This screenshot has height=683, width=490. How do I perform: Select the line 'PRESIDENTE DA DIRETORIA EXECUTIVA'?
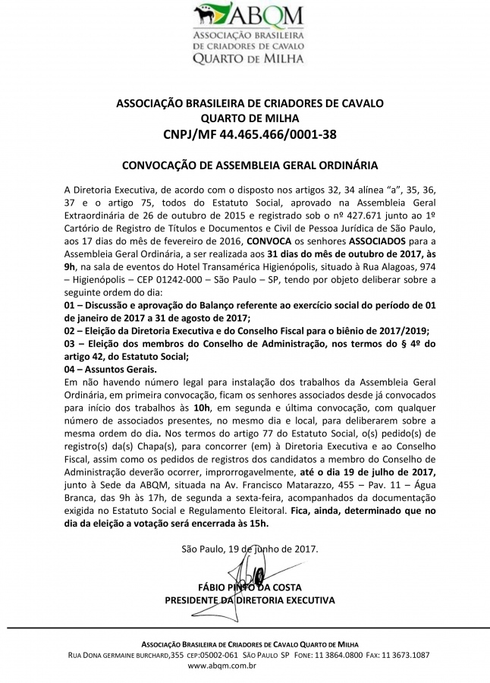[250, 600]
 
